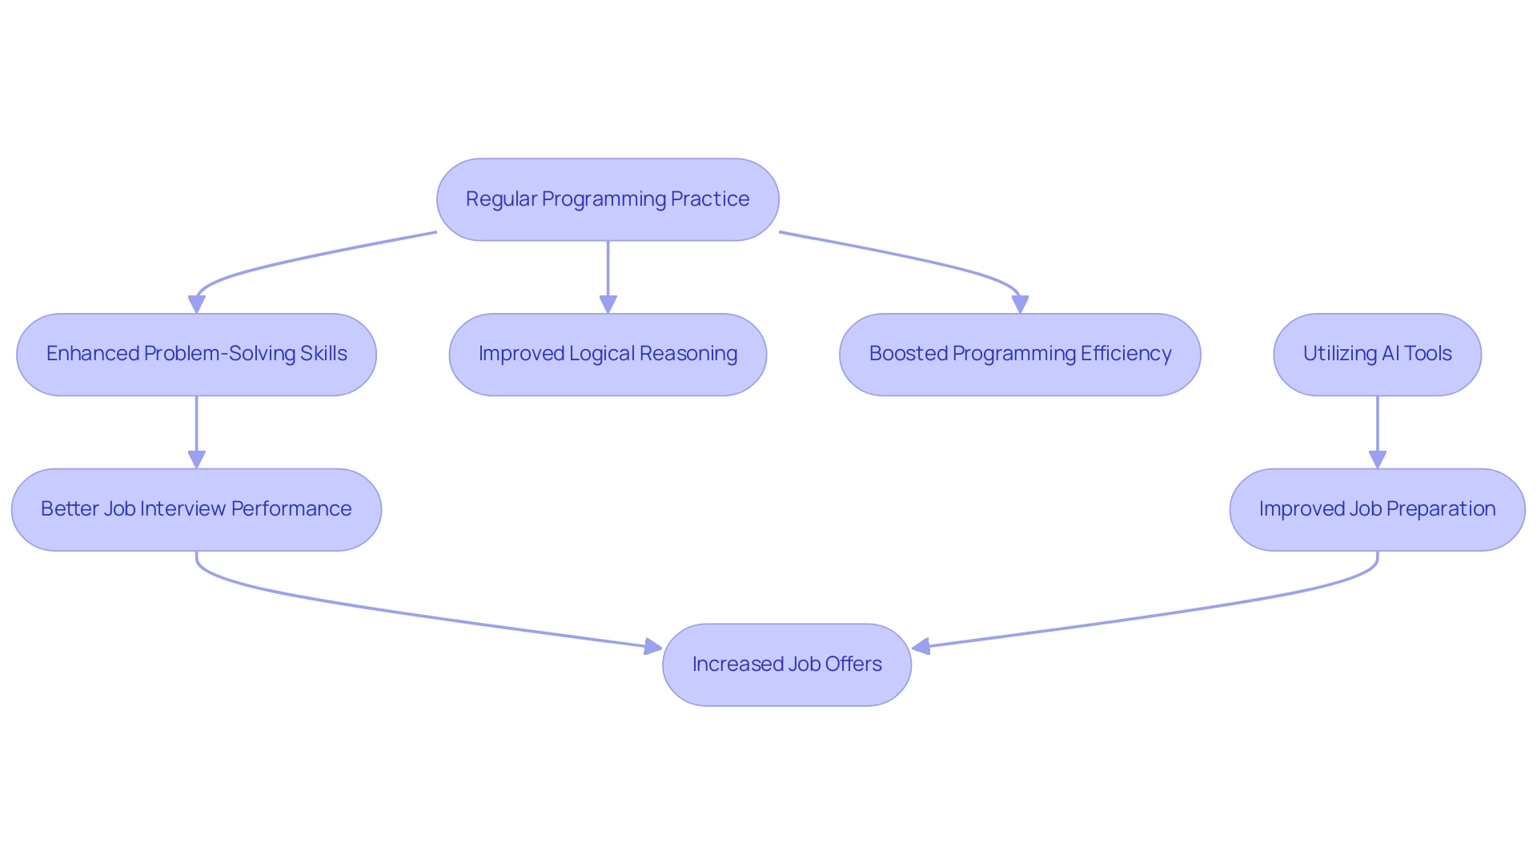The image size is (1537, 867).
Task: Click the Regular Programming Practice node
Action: coord(608,199)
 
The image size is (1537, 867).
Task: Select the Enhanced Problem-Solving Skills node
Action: coord(196,355)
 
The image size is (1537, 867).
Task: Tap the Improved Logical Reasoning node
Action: coord(608,355)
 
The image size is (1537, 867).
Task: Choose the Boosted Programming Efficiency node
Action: coord(1020,355)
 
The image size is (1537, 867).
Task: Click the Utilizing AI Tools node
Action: coord(1377,355)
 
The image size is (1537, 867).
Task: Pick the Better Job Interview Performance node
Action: coord(196,510)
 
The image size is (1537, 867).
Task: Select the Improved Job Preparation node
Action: coord(1377,510)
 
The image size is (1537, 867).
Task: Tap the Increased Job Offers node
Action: coord(787,665)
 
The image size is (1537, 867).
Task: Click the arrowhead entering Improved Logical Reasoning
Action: coord(608,304)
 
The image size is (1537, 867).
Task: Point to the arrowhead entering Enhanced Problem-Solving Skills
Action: coord(196,304)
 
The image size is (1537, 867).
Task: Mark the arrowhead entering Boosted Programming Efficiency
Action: coord(1020,304)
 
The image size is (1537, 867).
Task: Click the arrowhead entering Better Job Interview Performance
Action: coord(196,460)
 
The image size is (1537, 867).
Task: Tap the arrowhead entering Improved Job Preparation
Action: coord(1377,460)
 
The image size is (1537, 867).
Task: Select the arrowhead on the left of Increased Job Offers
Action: coord(652,646)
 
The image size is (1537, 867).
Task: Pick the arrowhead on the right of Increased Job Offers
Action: coord(921,646)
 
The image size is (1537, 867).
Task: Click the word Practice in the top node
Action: coord(709,199)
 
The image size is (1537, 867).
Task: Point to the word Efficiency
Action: coord(1126,354)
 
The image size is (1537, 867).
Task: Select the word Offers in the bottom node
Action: coord(854,664)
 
